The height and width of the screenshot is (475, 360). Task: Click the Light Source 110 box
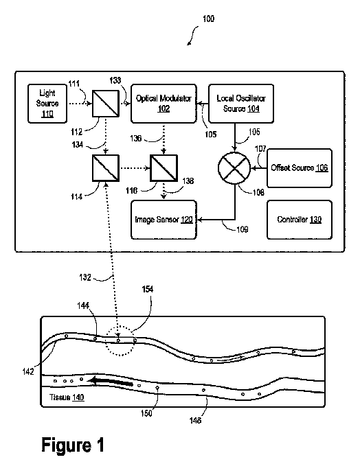coord(47,104)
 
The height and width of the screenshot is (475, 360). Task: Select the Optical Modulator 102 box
coord(164,104)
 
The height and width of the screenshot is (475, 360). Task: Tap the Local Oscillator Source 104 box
coord(241,104)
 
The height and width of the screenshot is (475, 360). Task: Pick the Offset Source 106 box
coord(300,168)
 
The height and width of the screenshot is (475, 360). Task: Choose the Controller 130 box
coord(300,220)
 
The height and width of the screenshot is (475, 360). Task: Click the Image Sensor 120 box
coord(164,220)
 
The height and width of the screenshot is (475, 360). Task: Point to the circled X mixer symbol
coord(234,168)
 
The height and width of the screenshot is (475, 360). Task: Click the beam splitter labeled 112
coord(106,103)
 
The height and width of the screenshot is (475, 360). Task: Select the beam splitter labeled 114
coord(106,168)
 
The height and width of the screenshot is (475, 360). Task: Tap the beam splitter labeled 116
coord(164,168)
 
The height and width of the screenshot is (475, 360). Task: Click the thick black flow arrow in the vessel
coord(111,382)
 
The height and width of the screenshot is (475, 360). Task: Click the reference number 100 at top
coord(208,19)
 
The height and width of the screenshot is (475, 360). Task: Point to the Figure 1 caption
coord(73,445)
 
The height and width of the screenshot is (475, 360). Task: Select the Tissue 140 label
coord(67,397)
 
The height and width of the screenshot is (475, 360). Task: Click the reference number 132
coord(85,277)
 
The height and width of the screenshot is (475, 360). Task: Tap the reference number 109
coord(243,229)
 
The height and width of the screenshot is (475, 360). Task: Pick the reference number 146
coord(195,420)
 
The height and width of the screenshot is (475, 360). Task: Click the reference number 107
coord(260,149)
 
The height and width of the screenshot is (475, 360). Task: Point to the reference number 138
coord(188,181)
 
